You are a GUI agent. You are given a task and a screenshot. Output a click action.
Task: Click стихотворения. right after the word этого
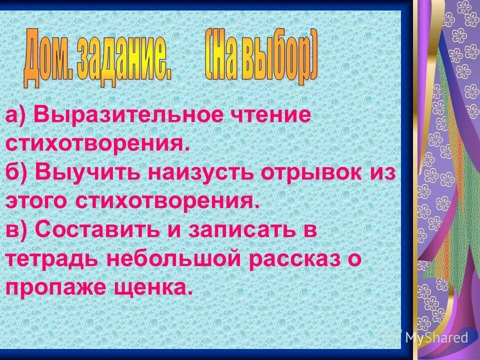click(168, 201)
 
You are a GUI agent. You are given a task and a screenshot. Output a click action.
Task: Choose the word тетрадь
click(52, 259)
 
